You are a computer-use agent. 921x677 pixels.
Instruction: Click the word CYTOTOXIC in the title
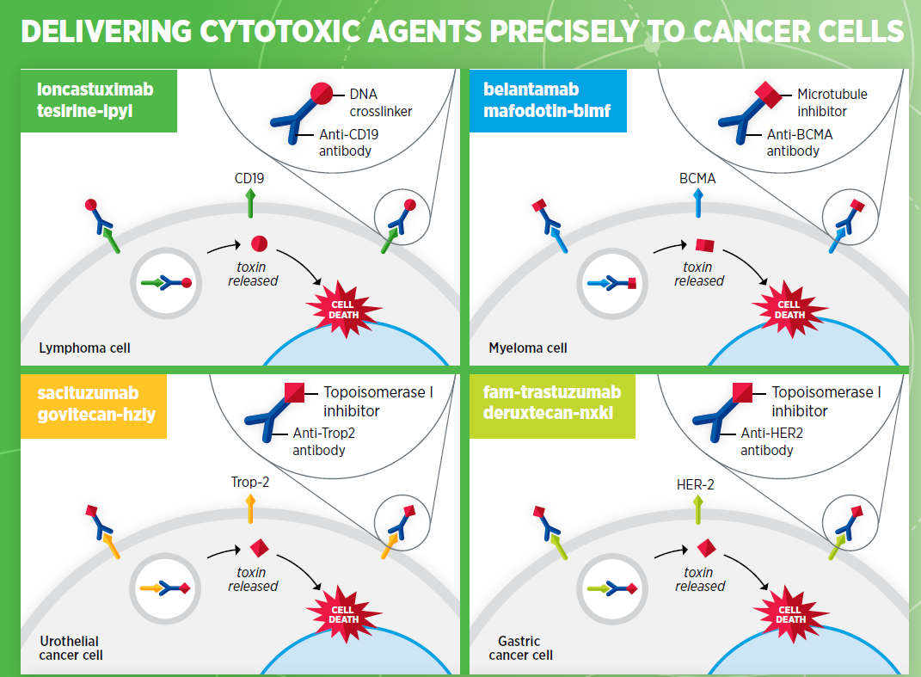pyautogui.click(x=279, y=32)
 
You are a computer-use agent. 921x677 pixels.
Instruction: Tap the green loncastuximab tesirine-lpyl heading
pyautogui.click(x=99, y=101)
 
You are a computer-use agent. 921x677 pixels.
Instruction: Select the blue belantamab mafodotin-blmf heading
pyautogui.click(x=548, y=101)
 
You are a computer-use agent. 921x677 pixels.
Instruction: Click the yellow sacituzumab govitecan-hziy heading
pyautogui.click(x=94, y=405)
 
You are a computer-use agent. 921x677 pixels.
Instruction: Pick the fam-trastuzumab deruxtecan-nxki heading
pyautogui.click(x=552, y=405)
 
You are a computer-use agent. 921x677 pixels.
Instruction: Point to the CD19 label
pyautogui.click(x=249, y=178)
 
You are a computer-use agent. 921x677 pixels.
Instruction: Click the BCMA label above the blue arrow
pyautogui.click(x=697, y=178)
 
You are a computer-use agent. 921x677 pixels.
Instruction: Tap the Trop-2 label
pyautogui.click(x=250, y=482)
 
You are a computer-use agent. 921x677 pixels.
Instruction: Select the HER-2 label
pyautogui.click(x=696, y=484)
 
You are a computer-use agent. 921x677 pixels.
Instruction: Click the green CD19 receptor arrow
pyautogui.click(x=250, y=203)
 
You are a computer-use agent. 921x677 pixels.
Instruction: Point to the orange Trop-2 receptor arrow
pyautogui.click(x=250, y=509)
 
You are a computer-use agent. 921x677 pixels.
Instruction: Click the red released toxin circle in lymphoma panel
pyautogui.click(x=259, y=243)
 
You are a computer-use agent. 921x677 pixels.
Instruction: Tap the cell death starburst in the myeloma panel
pyautogui.click(x=789, y=310)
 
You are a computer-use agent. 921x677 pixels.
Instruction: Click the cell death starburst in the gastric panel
pyautogui.click(x=790, y=615)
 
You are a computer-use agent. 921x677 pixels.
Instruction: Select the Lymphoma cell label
pyautogui.click(x=84, y=348)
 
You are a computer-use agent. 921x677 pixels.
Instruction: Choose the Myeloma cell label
pyautogui.click(x=528, y=348)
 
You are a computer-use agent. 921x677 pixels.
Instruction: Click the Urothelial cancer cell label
pyautogui.click(x=71, y=649)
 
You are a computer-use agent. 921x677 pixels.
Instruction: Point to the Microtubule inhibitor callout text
pyautogui.click(x=832, y=103)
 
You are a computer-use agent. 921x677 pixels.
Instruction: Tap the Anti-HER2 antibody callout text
pyautogui.click(x=772, y=441)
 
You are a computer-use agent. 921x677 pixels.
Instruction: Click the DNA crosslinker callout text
pyautogui.click(x=381, y=103)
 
